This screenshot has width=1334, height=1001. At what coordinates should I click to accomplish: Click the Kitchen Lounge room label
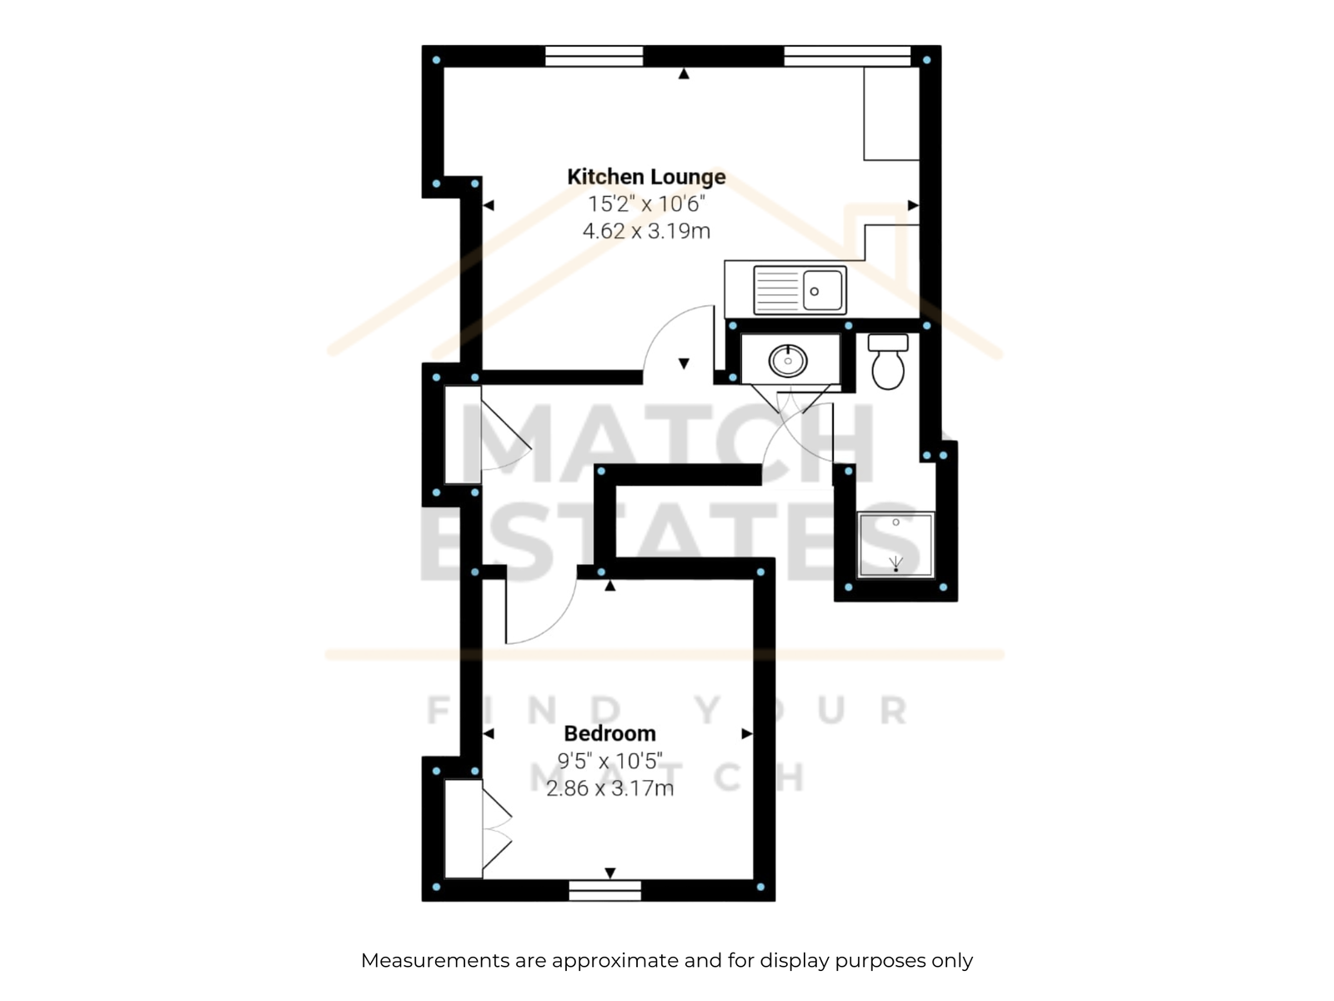(646, 177)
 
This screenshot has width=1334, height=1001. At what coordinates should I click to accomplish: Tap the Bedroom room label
(609, 733)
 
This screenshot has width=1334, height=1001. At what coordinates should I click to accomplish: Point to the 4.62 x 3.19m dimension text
(646, 231)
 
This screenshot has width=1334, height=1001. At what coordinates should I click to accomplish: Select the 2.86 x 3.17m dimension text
(609, 788)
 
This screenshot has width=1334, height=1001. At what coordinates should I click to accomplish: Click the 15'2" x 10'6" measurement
(646, 204)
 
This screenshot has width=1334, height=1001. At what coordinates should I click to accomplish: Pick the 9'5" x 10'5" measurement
(609, 760)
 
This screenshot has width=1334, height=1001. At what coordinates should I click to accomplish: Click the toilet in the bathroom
(888, 361)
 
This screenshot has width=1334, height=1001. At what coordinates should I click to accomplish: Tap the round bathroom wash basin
(788, 360)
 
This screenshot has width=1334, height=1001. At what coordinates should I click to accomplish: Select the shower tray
(895, 545)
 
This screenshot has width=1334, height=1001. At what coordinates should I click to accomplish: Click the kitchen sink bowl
(822, 291)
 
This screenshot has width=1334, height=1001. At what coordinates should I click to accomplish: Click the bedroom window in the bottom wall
(604, 890)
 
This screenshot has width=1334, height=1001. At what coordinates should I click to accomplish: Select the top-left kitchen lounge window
(594, 56)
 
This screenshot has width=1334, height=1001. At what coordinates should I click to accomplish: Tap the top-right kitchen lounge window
(847, 56)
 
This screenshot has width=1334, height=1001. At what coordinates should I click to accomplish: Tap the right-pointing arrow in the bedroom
(747, 734)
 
